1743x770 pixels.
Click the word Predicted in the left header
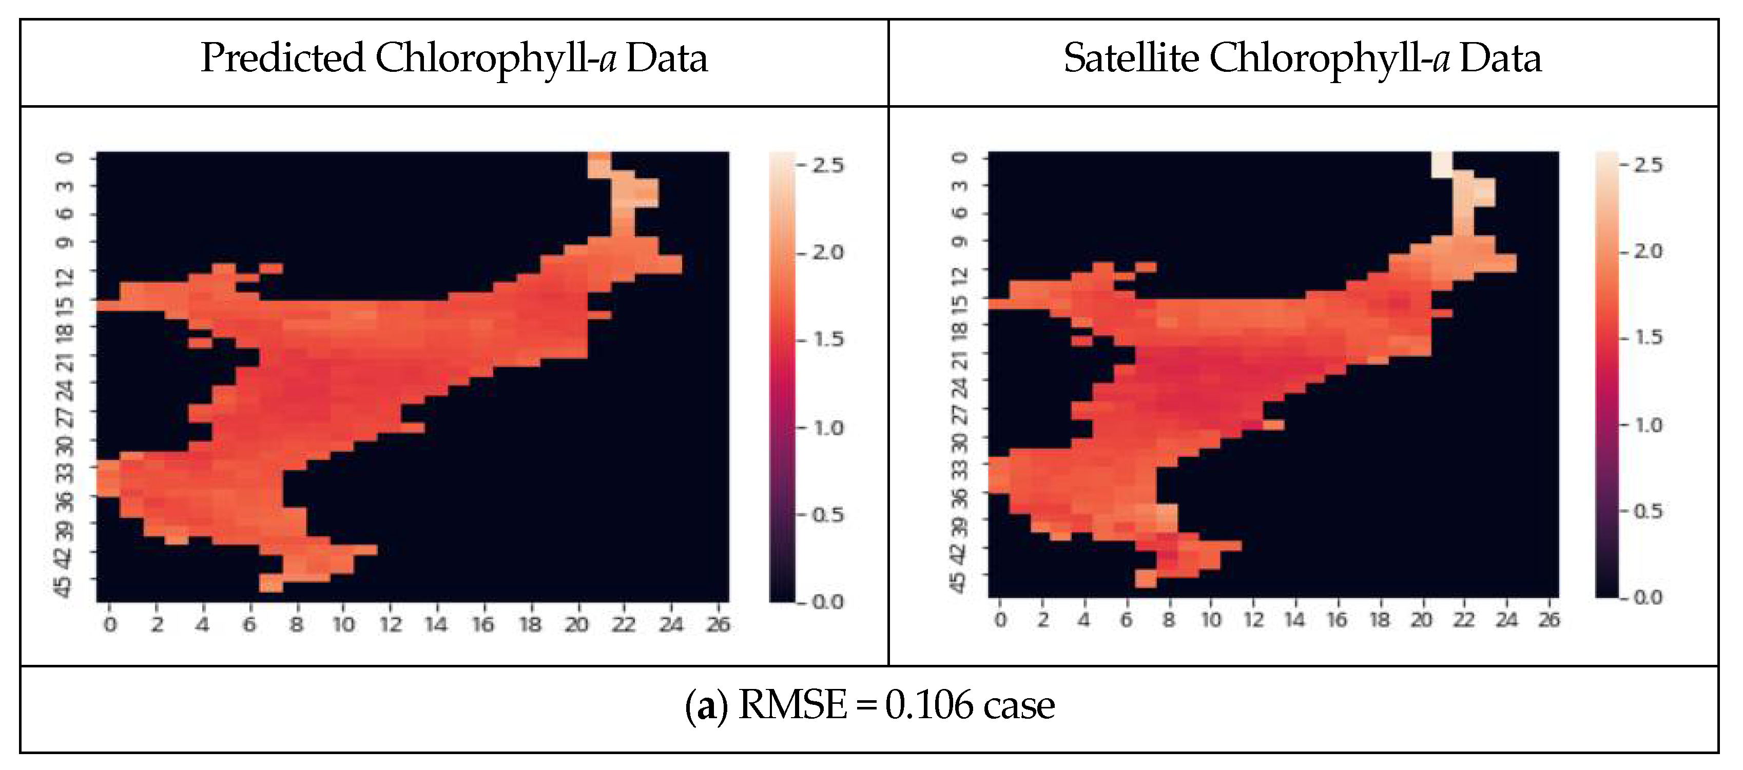(x=282, y=58)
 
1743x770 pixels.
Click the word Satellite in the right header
(x=1131, y=58)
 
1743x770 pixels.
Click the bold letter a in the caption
(x=706, y=707)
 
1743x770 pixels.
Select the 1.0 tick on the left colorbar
(x=828, y=428)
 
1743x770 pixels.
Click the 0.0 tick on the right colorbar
(x=1648, y=598)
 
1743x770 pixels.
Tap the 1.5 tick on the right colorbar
(x=1648, y=338)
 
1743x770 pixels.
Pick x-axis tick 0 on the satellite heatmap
(x=1000, y=620)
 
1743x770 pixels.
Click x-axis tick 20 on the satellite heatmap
(x=1422, y=620)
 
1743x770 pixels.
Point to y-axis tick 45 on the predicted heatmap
(x=64, y=585)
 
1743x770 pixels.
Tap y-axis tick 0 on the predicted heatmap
(x=65, y=157)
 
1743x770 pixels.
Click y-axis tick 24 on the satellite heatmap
(x=958, y=387)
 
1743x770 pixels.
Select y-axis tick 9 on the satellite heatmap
(x=959, y=241)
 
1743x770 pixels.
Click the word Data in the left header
(x=667, y=58)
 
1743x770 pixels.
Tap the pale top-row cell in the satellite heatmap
(x=1442, y=164)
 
